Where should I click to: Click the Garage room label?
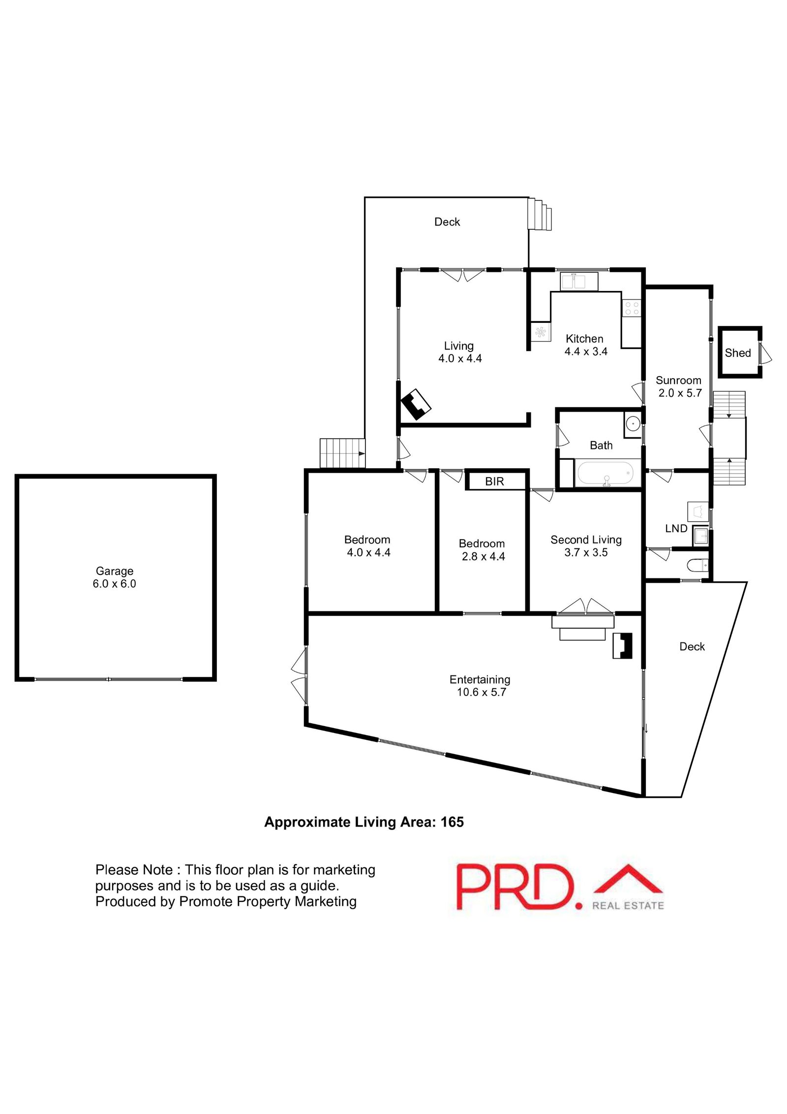click(x=114, y=571)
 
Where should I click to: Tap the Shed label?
click(x=737, y=353)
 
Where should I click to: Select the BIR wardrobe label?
click(x=494, y=481)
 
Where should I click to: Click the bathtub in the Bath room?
click(x=605, y=473)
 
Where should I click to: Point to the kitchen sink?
click(x=579, y=282)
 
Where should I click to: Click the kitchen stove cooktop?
click(x=632, y=309)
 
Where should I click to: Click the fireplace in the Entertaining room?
click(x=622, y=645)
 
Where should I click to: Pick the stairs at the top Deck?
click(x=540, y=214)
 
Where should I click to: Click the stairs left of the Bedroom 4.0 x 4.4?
click(x=342, y=453)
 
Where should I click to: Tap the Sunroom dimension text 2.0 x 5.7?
click(x=680, y=393)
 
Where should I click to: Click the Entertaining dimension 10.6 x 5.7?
click(x=481, y=692)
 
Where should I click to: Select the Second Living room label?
click(x=586, y=540)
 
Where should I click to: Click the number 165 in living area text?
click(x=452, y=823)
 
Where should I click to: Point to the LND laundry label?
click(x=676, y=528)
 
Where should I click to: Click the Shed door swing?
click(x=765, y=353)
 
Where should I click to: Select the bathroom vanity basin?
click(x=632, y=422)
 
